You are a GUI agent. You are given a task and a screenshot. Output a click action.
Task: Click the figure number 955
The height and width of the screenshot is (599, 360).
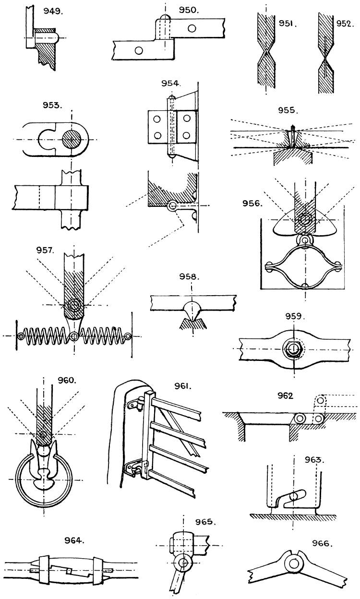click(288, 110)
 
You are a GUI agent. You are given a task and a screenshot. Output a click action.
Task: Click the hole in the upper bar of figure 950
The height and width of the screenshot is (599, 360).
click(192, 28)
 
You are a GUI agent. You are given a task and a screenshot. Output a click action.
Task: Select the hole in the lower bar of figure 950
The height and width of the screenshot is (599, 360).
click(139, 50)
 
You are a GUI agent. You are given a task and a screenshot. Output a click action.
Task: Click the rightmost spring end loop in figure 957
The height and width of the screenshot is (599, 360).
click(127, 336)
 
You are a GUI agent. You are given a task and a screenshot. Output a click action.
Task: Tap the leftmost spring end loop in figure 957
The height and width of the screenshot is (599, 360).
click(20, 336)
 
